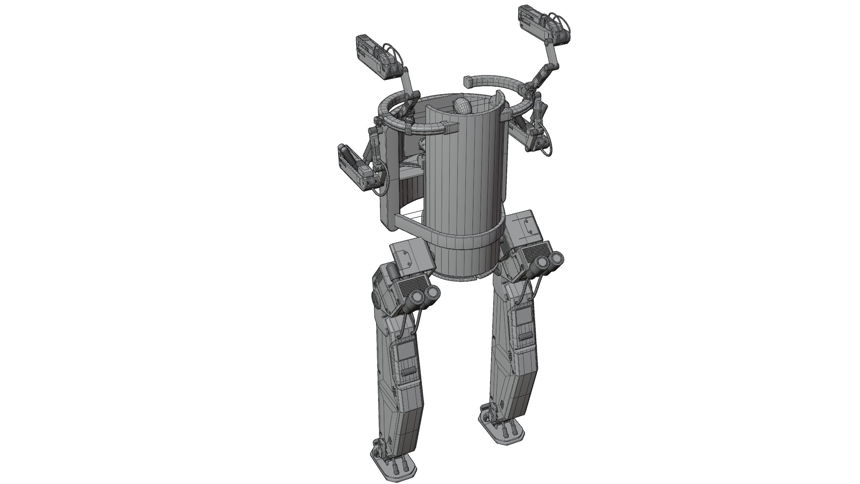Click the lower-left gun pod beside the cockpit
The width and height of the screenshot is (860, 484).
click(356, 168)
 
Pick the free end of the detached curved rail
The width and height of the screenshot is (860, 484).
click(468, 82)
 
